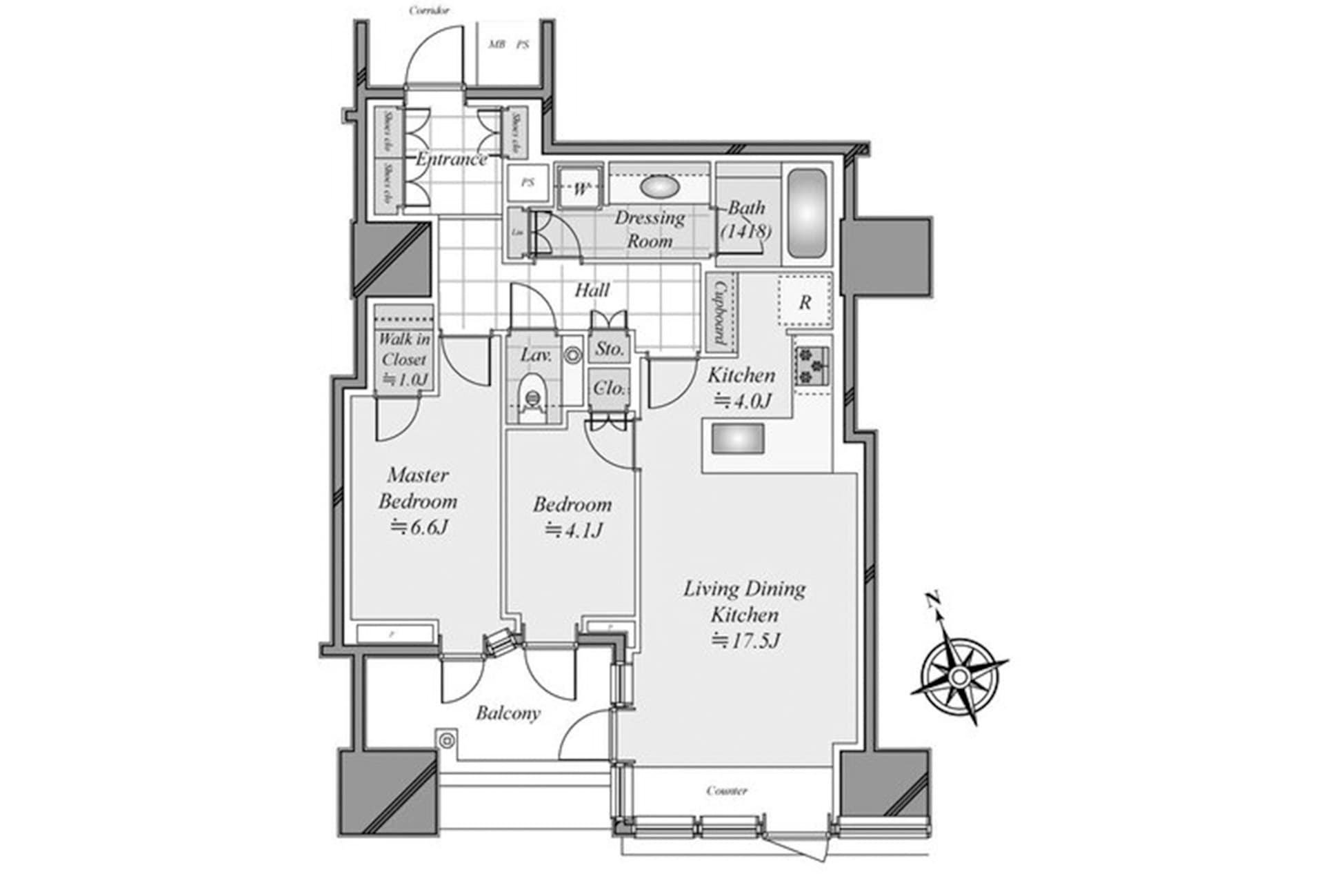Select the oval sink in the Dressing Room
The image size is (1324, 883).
[x=659, y=186]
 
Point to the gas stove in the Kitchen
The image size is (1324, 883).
[x=812, y=366]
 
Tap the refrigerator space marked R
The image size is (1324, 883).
[x=805, y=301]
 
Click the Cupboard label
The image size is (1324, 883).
[x=720, y=312]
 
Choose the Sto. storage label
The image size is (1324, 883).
[x=610, y=349]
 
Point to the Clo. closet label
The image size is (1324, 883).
[x=610, y=388]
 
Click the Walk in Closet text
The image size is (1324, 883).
[x=404, y=349]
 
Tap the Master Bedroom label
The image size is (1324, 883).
[x=418, y=488]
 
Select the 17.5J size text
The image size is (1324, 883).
[x=745, y=641]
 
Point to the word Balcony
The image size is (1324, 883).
[x=508, y=713]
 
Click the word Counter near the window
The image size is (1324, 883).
[x=727, y=791]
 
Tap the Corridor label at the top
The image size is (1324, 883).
[x=430, y=10]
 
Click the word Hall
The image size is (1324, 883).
[x=592, y=290]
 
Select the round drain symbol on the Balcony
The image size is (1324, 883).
[x=447, y=741]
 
